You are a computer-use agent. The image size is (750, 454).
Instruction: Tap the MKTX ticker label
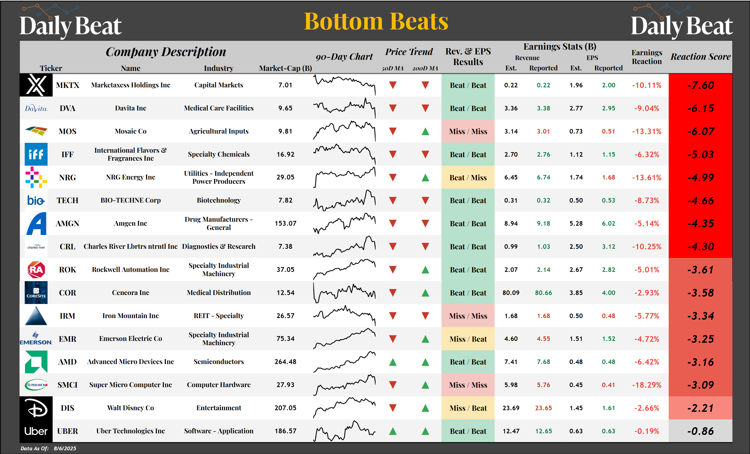click(67, 85)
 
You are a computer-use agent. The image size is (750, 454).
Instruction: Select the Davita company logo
click(36, 108)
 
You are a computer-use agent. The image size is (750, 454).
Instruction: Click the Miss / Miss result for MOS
click(468, 131)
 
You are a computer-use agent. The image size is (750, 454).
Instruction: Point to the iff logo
click(36, 154)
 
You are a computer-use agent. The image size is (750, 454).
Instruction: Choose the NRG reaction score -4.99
click(700, 178)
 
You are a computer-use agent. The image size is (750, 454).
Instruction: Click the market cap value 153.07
click(285, 224)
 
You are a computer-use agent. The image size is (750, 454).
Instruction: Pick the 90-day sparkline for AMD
click(344, 362)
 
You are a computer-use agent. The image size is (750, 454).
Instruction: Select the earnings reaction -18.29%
click(647, 385)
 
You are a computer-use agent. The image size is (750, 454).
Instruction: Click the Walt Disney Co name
click(130, 408)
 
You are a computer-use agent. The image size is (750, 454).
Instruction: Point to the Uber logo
click(36, 431)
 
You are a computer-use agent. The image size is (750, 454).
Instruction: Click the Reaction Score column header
click(700, 57)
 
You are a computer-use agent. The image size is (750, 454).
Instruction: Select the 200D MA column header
click(425, 68)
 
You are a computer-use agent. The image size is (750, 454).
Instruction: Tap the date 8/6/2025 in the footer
click(65, 448)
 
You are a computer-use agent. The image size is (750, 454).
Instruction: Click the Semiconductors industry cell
click(218, 362)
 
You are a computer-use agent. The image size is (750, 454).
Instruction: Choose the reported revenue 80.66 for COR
click(543, 293)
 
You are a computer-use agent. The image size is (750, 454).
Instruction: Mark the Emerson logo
click(36, 339)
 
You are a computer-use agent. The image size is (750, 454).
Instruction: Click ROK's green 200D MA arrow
click(425, 270)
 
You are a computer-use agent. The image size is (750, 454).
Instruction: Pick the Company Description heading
click(166, 52)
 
